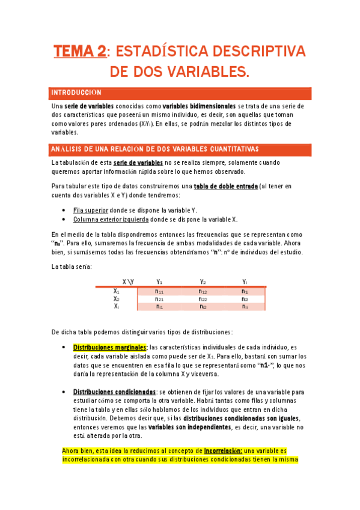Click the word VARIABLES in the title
coord(205,72)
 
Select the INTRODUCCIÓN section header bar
coord(180,93)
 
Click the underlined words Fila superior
coord(91,210)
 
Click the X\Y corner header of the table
coord(128,281)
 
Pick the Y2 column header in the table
coord(203,281)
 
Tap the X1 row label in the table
coord(117,290)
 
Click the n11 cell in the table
coord(159,291)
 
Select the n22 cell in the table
coord(203,299)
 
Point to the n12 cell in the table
coord(203,291)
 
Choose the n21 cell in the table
coord(159,299)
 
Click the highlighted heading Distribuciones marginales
coord(110,347)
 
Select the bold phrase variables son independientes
coord(189,427)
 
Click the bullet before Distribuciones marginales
coord(64,347)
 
